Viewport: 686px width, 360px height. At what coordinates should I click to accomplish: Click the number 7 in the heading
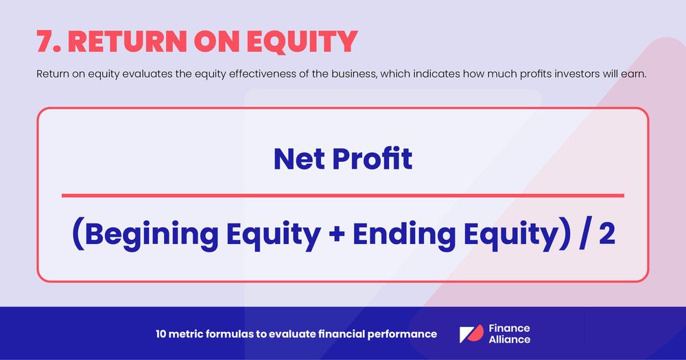coord(47,42)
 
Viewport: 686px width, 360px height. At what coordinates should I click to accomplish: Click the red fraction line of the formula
coord(343,195)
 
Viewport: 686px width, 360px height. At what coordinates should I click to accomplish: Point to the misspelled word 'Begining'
coord(150,235)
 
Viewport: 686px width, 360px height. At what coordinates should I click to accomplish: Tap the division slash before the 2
coord(584,235)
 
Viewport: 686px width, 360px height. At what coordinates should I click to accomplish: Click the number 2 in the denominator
coord(606,235)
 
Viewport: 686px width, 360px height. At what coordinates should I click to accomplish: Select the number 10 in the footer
coord(162,334)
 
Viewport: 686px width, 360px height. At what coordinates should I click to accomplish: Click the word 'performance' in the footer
coord(405,334)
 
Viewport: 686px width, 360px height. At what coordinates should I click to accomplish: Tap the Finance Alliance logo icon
coord(471,334)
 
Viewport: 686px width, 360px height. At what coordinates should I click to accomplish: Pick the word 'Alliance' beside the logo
coord(510,339)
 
